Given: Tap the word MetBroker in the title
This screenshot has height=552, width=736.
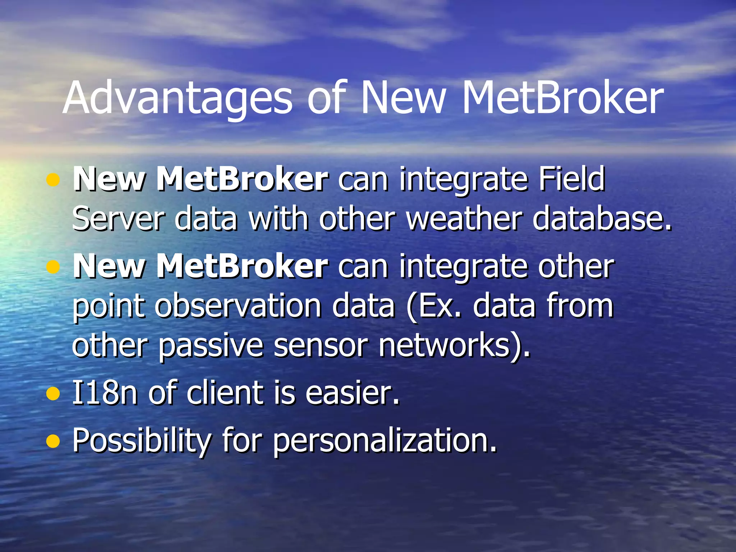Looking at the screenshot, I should pyautogui.click(x=562, y=98).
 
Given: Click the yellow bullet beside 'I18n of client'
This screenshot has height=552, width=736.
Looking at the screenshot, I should pyautogui.click(x=53, y=394).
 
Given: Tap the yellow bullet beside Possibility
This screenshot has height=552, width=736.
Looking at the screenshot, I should pyautogui.click(x=53, y=442).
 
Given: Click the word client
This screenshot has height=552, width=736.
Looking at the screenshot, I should pyautogui.click(x=225, y=392).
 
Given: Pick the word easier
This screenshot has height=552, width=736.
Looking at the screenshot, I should pyautogui.click(x=352, y=392).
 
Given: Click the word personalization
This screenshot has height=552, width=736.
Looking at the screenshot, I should pyautogui.click(x=385, y=441).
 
